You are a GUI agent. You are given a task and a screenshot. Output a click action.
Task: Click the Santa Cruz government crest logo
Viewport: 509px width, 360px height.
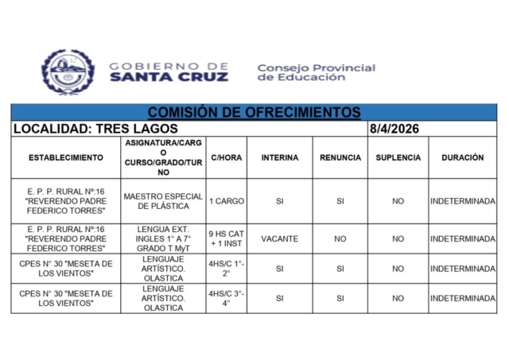click(x=68, y=72)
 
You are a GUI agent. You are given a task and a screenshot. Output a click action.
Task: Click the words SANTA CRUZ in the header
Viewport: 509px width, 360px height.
click(x=169, y=77)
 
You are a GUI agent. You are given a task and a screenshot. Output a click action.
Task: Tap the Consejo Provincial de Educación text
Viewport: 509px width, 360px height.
click(x=316, y=72)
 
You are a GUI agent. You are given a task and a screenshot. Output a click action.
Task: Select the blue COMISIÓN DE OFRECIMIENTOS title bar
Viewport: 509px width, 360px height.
click(x=254, y=113)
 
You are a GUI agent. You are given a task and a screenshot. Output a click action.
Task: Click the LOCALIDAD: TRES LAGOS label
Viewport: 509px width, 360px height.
click(x=95, y=129)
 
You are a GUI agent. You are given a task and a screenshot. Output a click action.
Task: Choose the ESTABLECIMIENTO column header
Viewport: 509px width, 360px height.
click(x=66, y=157)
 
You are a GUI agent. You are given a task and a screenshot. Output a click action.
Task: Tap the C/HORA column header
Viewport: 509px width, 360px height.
click(x=227, y=157)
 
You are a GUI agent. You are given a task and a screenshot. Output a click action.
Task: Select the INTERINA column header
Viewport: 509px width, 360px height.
click(x=280, y=157)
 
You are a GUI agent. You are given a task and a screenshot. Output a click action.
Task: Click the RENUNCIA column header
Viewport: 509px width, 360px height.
click(x=340, y=157)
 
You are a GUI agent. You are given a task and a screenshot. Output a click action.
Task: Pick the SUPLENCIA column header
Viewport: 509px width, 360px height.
click(x=398, y=157)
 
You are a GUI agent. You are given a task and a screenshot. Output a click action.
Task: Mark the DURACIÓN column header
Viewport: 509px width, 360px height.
click(x=462, y=157)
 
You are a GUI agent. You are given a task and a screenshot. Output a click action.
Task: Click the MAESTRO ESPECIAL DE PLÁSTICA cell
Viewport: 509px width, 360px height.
click(x=163, y=201)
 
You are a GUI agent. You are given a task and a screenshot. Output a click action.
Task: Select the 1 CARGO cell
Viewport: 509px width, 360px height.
click(x=227, y=201)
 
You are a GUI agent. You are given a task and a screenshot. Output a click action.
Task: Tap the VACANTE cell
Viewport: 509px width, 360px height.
click(x=280, y=238)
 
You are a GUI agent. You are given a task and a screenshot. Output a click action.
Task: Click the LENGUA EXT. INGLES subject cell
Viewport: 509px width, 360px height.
click(x=163, y=238)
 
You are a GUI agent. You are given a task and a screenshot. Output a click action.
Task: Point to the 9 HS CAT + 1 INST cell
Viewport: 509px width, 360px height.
click(x=227, y=238)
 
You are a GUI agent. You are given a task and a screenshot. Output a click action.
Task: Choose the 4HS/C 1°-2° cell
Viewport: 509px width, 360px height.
click(x=227, y=269)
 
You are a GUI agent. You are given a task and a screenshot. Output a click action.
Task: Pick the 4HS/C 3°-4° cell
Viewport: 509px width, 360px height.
click(x=227, y=299)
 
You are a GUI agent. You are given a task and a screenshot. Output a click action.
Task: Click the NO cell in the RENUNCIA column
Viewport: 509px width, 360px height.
click(x=340, y=238)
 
